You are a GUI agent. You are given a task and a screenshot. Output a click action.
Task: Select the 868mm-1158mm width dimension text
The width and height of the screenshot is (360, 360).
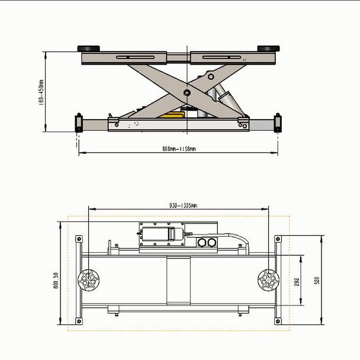179,148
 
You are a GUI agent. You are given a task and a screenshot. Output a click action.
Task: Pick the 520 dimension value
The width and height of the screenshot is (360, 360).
316,280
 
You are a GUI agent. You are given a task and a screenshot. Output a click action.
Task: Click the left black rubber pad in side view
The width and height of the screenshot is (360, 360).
89,49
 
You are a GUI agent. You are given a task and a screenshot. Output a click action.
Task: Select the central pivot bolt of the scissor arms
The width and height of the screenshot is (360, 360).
187,93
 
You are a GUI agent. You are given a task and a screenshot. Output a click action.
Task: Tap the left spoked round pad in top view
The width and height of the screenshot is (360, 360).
89,279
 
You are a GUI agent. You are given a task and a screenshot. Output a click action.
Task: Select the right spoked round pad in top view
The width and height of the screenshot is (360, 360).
268,279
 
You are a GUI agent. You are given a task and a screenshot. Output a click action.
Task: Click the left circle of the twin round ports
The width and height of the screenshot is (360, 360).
201,242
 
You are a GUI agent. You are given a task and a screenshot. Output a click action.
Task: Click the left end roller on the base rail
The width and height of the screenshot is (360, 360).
78,123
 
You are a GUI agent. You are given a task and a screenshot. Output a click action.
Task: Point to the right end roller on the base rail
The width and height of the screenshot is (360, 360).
278,123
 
